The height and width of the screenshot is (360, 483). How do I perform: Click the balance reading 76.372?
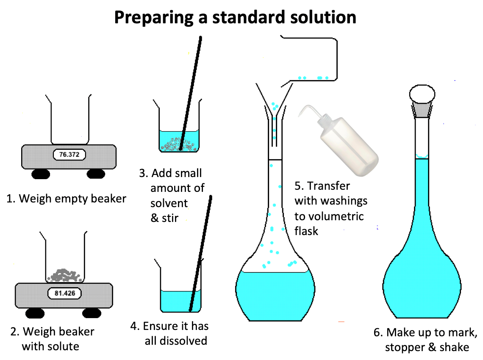[69, 154]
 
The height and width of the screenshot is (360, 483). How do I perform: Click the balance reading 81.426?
[65, 293]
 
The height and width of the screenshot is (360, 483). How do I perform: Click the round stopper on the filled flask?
[422, 94]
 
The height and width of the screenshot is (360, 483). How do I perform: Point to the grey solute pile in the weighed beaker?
[65, 275]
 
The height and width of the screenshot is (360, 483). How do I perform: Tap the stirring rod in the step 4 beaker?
[200, 253]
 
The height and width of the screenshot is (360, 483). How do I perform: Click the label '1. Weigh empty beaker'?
[66, 199]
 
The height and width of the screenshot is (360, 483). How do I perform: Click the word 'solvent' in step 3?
[169, 203]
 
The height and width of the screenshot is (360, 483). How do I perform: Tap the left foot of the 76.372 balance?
[41, 174]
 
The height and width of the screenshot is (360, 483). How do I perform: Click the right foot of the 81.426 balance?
[92, 313]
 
